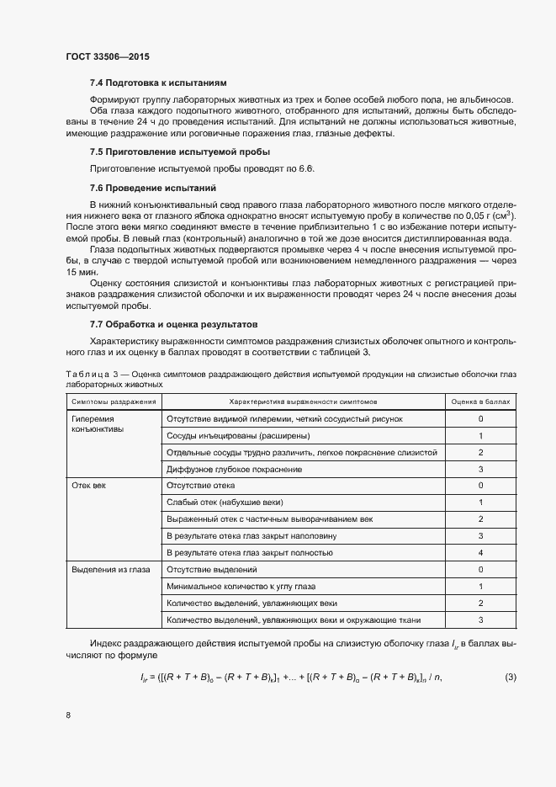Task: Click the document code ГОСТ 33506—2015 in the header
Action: point(108,57)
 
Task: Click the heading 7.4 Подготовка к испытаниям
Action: point(158,83)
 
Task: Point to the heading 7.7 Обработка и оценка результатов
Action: point(179,324)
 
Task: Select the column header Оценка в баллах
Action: point(480,401)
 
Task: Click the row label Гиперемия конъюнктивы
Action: point(98,423)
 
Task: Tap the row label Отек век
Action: point(88,486)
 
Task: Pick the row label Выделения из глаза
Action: point(111,569)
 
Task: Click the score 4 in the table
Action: point(480,552)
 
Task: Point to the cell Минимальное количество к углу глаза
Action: point(246,586)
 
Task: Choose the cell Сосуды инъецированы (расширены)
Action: point(238,435)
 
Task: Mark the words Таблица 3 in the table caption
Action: point(87,372)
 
